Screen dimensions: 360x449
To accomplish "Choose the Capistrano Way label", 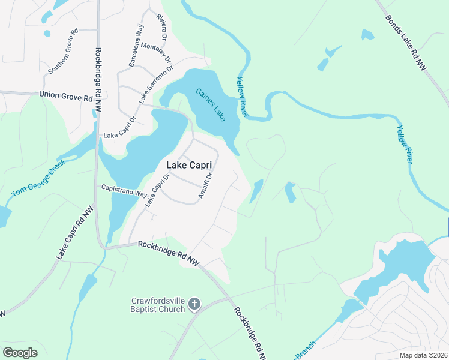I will pos(123,191).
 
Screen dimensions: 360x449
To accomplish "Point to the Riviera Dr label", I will pos(161,28).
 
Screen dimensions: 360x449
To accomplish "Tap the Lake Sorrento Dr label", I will pos(156,83).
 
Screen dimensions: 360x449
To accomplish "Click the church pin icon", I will pos(194,305).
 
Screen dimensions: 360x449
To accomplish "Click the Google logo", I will pos(20,352).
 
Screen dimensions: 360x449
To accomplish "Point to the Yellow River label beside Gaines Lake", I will pos(242,97).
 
